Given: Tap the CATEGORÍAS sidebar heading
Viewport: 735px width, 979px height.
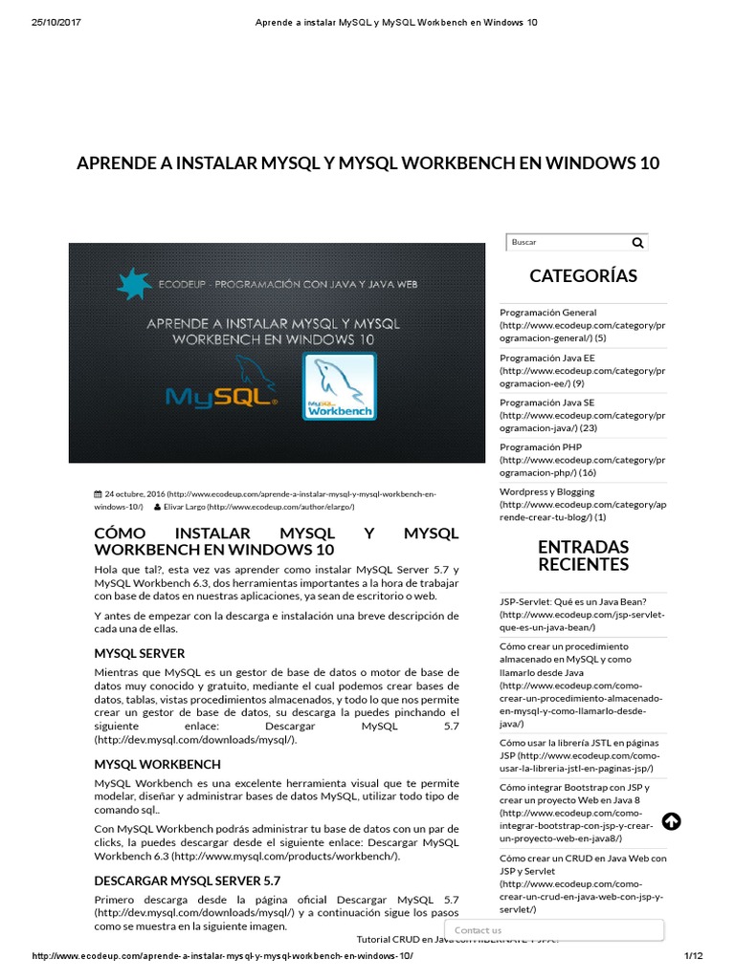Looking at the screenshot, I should click(x=583, y=276).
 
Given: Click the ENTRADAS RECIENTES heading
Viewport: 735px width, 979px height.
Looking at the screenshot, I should click(x=583, y=555).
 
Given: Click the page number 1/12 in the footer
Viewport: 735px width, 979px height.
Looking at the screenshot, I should click(x=693, y=956).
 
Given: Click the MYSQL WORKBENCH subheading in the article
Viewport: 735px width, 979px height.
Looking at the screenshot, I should click(x=157, y=764).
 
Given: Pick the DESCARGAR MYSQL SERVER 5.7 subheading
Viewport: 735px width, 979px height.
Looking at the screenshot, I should click(x=187, y=880).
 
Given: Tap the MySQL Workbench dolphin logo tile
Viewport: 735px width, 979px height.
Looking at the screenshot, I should click(x=340, y=387).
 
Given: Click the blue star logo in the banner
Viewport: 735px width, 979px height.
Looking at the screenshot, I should click(x=135, y=284).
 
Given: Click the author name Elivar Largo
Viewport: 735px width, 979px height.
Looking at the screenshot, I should click(x=185, y=507).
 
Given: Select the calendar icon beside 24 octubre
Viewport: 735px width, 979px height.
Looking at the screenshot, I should click(x=98, y=494).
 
